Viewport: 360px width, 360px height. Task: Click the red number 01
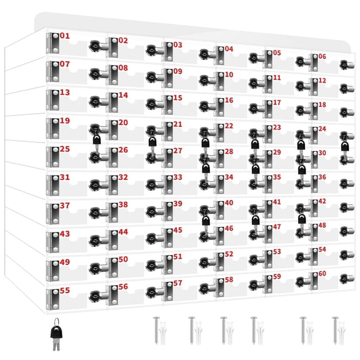pos(65,36)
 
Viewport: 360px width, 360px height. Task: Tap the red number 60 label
pos(322,274)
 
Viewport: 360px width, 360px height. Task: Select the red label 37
pos(65,206)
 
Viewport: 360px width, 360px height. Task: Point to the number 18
pos(322,105)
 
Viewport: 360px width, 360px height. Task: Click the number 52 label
pos(229,254)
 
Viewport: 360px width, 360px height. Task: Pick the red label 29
pos(277,152)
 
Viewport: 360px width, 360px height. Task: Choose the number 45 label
pos(177,230)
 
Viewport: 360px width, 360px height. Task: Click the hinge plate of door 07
pos(52,71)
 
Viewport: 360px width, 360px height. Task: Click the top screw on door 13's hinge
pos(56,93)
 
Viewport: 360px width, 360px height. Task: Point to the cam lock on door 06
pos(347,65)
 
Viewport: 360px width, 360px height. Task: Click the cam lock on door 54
pos(347,255)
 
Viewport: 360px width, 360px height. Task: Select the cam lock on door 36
pos(347,184)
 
